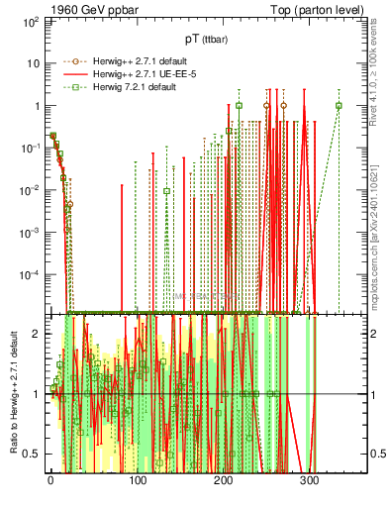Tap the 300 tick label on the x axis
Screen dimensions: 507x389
(309, 479)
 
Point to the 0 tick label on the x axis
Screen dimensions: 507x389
(50, 479)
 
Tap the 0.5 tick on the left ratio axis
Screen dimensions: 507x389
(32, 454)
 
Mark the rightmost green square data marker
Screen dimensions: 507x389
(339, 106)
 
